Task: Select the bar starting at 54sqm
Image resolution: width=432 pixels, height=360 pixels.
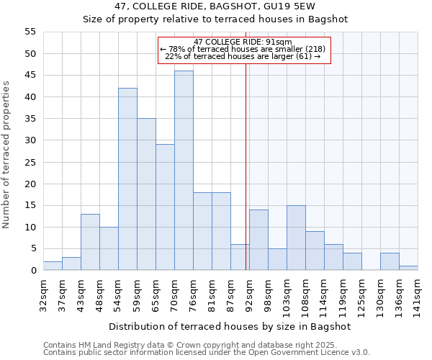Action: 127,179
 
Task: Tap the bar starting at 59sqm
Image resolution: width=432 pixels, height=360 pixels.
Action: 146,194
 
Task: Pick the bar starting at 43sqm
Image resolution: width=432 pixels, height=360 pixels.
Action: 90,242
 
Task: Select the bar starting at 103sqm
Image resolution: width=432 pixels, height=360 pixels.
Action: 296,238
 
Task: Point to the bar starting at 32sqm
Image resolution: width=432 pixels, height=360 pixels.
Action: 53,266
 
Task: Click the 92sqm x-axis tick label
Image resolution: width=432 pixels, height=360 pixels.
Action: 249,292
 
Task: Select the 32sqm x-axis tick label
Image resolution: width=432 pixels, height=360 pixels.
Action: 43,292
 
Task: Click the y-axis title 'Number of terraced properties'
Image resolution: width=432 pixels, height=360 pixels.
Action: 6,155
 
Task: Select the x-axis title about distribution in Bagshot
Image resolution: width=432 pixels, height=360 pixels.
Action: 230,326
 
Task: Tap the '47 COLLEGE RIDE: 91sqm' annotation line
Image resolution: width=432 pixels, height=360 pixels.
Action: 243,42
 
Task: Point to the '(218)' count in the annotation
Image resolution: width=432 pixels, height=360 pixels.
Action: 315,49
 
